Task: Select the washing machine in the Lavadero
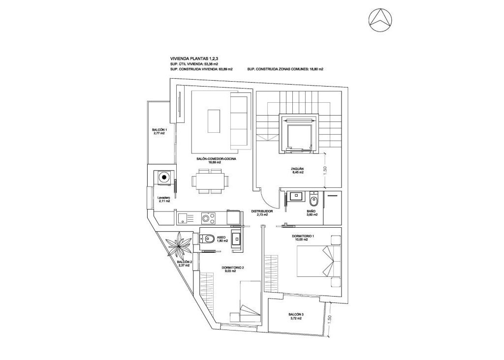pyautogui.click(x=163, y=177)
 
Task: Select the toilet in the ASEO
pyautogui.click(x=206, y=239)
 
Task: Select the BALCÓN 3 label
pyautogui.click(x=296, y=316)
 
